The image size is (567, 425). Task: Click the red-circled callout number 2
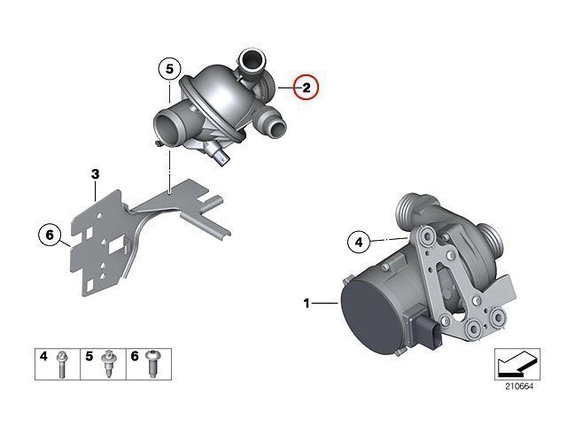(307, 87)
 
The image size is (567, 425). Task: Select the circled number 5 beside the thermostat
(169, 69)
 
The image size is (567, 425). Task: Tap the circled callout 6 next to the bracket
(50, 235)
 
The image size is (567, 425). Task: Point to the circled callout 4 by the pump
(358, 242)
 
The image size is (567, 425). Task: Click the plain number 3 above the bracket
(95, 174)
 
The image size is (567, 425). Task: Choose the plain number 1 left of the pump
(307, 303)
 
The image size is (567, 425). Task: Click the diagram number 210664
(519, 386)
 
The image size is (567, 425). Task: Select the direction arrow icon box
(517, 364)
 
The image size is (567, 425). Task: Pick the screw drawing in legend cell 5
(107, 364)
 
